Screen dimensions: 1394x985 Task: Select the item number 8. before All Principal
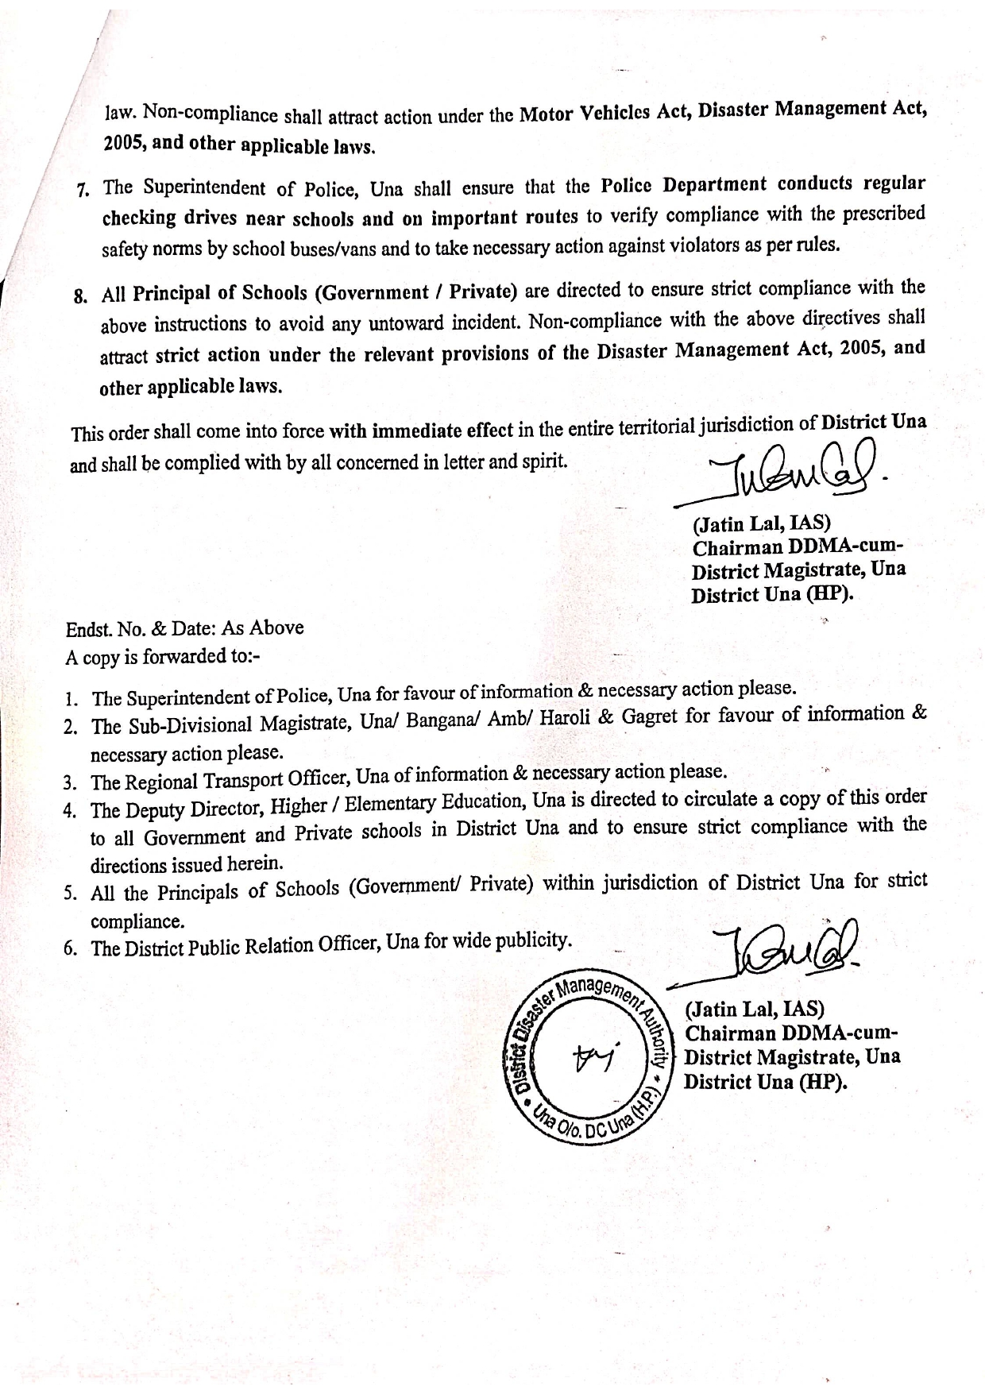[x=79, y=297]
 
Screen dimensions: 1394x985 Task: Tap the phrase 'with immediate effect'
[x=421, y=431]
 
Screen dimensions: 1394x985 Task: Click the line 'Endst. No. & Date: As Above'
[x=184, y=628]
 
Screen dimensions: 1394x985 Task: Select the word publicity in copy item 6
[x=531, y=941]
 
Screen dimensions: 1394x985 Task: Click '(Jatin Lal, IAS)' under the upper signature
[x=761, y=524]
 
